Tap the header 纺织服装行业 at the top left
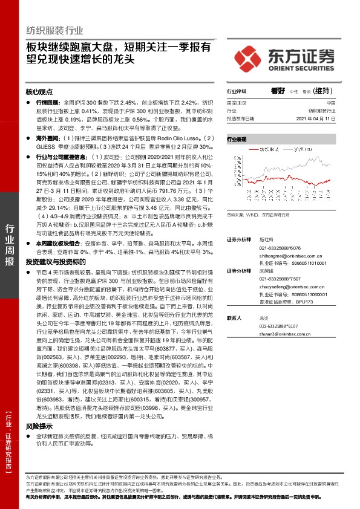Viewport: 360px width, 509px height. pos(54,30)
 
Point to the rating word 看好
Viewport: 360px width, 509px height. pos(278,91)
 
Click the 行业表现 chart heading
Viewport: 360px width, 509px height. pos(237,138)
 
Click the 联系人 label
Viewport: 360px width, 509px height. pos(235,317)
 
